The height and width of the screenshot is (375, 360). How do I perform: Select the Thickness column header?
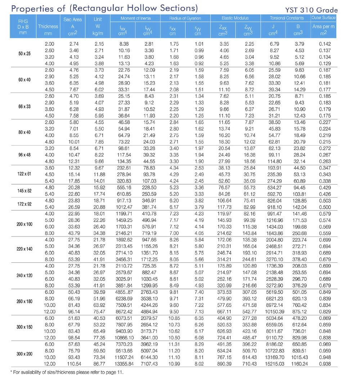pos(48,27)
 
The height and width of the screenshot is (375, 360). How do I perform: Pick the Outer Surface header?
pos(324,17)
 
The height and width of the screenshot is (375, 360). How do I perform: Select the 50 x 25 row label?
pos(24,54)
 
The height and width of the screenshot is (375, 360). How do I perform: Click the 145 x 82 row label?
pos(24,190)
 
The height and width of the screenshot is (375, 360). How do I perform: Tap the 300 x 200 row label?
pos(24,354)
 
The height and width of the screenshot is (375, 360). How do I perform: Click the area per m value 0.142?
pos(324,44)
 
